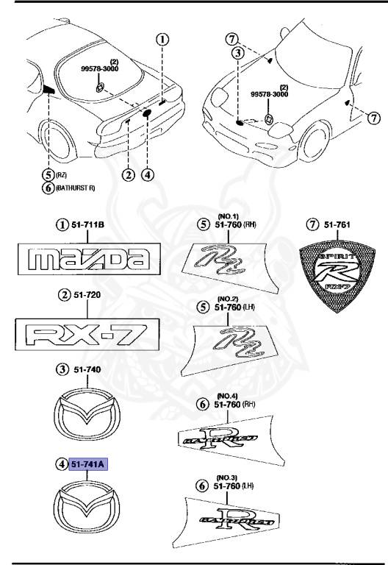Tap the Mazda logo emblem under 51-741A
pos(87,506)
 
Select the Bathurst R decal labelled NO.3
pos(231,519)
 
